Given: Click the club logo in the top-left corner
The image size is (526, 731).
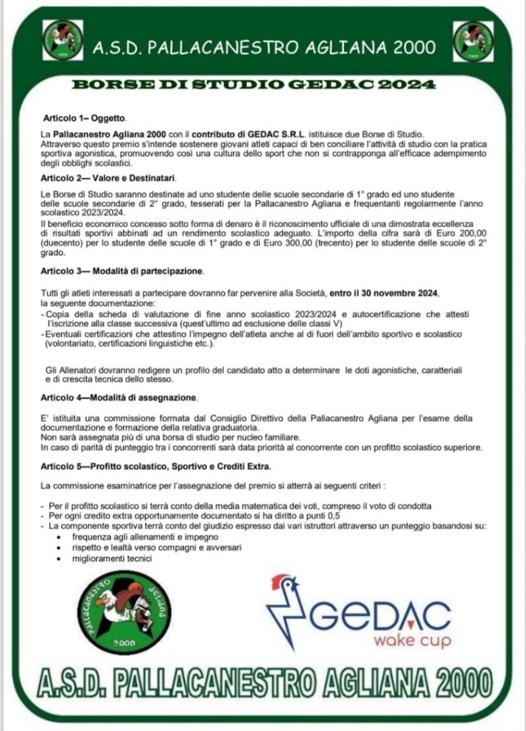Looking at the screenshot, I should [63, 41].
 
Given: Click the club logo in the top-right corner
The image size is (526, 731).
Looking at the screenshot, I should [473, 41].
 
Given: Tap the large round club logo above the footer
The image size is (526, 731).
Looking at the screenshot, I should [124, 611].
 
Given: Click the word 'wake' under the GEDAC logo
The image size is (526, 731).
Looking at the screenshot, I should [393, 641].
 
